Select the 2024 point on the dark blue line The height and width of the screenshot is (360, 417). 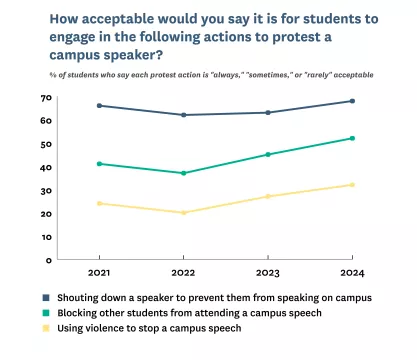pos(353,101)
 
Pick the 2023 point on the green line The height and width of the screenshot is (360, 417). pos(268,154)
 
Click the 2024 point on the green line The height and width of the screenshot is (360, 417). pos(353,138)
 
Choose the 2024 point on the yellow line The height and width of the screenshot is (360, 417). pos(353,184)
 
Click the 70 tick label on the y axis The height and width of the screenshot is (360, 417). pos(47,97)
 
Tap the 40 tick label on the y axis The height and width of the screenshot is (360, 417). pos(47,167)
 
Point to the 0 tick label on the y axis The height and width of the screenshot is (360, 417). pos(50,259)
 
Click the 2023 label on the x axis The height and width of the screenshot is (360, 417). pos(268,272)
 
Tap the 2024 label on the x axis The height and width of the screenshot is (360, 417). pos(353,272)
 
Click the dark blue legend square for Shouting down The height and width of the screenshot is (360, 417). pos(47,298)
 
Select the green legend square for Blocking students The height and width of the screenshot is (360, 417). pos(47,312)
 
